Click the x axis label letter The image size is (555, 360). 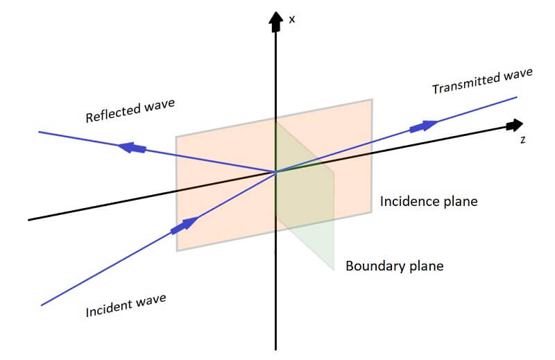[x=292, y=19]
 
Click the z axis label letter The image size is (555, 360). [x=522, y=139]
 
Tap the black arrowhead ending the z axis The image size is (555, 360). [x=514, y=126]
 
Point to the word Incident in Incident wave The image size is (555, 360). [x=110, y=307]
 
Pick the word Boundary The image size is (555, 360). [x=373, y=266]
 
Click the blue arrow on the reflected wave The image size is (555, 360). [x=133, y=147]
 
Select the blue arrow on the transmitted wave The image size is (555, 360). [x=423, y=126]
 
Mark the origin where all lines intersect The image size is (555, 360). [x=276, y=171]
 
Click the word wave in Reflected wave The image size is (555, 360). [x=158, y=105]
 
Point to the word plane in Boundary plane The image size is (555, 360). [x=423, y=266]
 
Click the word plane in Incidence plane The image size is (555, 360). [x=461, y=203]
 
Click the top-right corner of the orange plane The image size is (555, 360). [x=371, y=99]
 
